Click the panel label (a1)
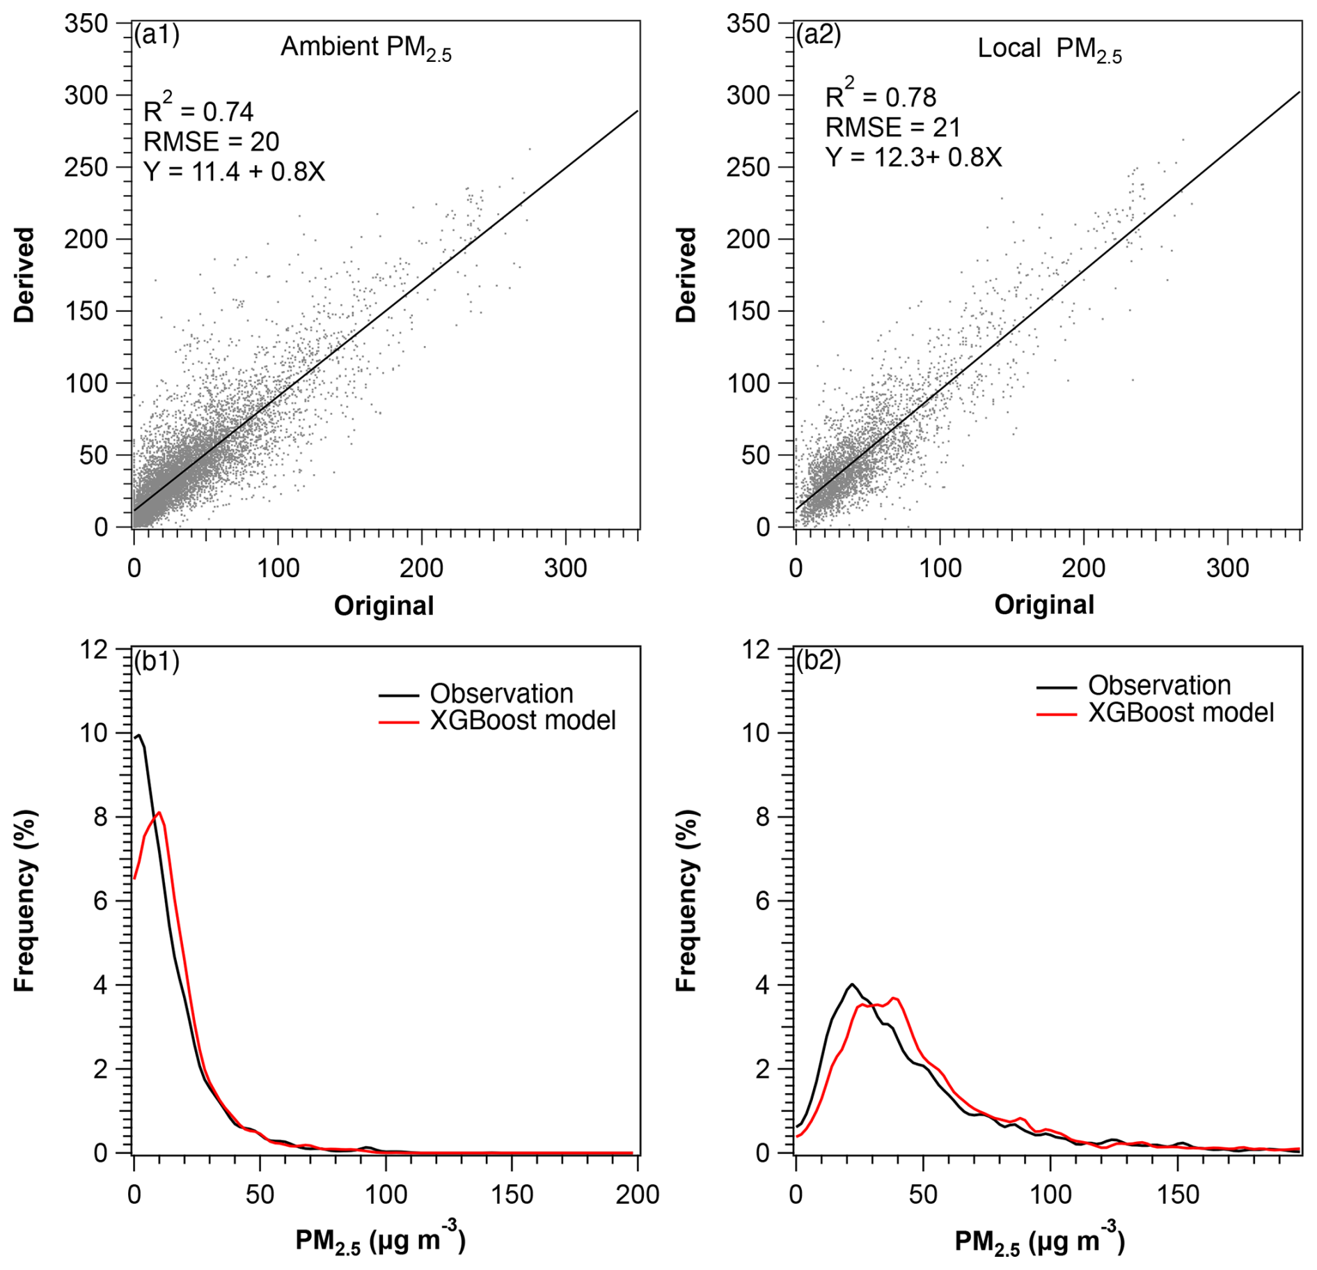coord(157,34)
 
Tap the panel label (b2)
coord(819,660)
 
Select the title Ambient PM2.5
coord(366,48)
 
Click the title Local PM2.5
coord(1050,49)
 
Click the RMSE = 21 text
coord(893,127)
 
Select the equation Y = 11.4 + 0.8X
coord(234,171)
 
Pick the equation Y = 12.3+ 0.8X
coord(913,157)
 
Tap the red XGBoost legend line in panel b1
coord(398,723)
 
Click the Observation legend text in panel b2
coord(1160,686)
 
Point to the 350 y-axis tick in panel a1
coord(86,24)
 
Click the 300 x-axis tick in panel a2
coord(1227,569)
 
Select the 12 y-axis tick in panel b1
coord(95,650)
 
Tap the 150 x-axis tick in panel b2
coord(1178,1195)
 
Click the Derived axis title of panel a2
coord(686,274)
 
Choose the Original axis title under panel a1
coord(384,606)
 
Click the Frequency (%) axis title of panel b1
coord(25,900)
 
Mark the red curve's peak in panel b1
coord(159,813)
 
